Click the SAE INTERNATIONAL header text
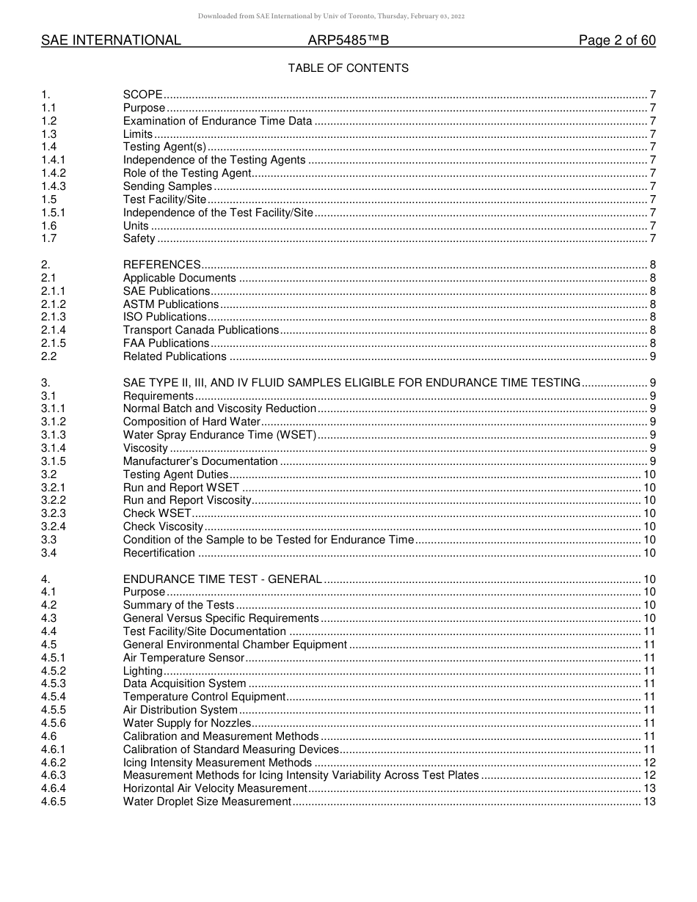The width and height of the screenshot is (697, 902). pos(111,40)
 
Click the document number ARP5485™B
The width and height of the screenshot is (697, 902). pos(348,40)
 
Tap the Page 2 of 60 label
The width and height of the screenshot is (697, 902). pos(617,40)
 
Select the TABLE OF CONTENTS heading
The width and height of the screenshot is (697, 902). pos(348,68)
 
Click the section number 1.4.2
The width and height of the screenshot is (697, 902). pos(54,173)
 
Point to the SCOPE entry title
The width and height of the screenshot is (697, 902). pos(142,95)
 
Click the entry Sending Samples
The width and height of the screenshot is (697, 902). pos(167,186)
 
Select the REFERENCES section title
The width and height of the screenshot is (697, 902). pos(161,265)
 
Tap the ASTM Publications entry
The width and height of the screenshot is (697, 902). pos(170,304)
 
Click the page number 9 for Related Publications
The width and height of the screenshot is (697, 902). pos(652,356)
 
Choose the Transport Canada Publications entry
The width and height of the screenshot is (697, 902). pos(201,330)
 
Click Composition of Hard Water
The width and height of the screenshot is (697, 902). pos(191,422)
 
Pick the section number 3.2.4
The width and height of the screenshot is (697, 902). pos(54,527)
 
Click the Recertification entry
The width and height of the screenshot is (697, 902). pos(158,553)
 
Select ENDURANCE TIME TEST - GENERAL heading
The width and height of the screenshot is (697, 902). pos(222,579)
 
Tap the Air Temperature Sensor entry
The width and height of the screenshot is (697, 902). pos(183,658)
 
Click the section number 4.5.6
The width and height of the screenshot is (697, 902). pos(54,723)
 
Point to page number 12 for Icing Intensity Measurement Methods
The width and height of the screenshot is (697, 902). pos(649,763)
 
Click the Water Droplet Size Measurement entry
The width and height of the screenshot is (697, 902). pos(207,802)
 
